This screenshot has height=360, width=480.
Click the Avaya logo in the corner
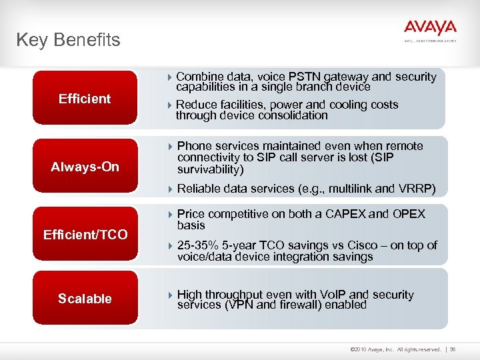pyautogui.click(x=430, y=28)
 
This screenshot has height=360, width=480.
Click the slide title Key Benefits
pyautogui.click(x=68, y=40)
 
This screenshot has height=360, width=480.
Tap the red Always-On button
pyautogui.click(x=85, y=167)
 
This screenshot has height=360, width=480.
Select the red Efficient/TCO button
pyautogui.click(x=85, y=235)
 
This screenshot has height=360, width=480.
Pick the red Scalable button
pyautogui.click(x=85, y=299)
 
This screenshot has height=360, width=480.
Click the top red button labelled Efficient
pyautogui.click(x=85, y=99)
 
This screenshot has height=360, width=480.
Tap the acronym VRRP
pyautogui.click(x=418, y=189)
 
